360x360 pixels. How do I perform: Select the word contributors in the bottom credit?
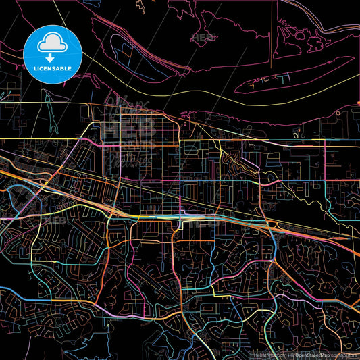pyautogui.click(x=344, y=354)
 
